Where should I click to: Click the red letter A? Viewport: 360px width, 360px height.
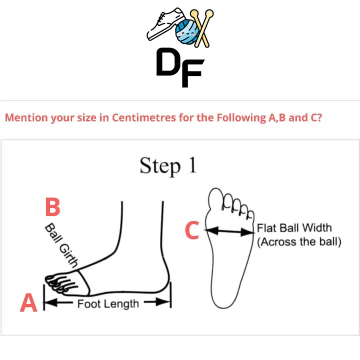(x=28, y=302)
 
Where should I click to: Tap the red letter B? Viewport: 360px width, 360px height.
(x=53, y=206)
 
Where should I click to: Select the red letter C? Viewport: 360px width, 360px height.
(x=192, y=230)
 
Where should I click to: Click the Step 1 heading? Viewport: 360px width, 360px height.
(x=168, y=166)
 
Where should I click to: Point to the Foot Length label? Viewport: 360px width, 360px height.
(x=108, y=304)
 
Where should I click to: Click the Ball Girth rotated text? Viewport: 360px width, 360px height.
(x=61, y=245)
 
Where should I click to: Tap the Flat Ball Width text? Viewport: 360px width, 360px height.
(x=294, y=228)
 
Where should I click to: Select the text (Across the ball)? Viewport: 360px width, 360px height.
(x=299, y=242)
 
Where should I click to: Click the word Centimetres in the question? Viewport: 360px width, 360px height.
(x=144, y=117)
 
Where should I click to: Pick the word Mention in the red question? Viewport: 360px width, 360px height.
(x=26, y=117)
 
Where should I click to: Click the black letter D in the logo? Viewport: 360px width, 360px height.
(x=169, y=62)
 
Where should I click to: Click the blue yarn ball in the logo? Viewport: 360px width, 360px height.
(x=187, y=31)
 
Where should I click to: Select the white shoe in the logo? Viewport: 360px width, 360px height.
(x=165, y=25)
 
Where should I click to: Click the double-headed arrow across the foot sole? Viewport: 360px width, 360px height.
(x=230, y=231)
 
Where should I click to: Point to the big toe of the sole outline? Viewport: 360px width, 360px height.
(x=215, y=198)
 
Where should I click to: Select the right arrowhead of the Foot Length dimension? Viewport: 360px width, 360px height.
(x=163, y=302)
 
